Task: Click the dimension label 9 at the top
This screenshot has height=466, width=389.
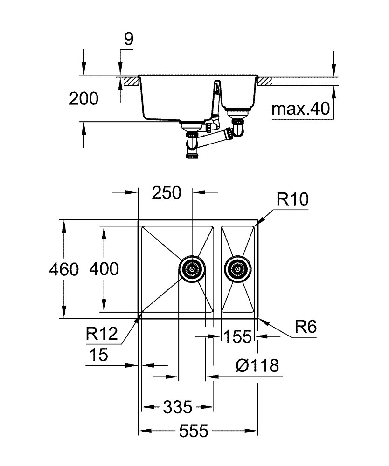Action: (129, 39)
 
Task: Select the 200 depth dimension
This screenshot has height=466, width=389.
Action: (83, 99)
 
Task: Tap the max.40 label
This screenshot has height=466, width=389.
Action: (301, 109)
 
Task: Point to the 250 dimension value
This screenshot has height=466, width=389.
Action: (166, 192)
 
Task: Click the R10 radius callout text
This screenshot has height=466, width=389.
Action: (292, 199)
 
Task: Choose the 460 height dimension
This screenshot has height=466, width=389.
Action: (64, 269)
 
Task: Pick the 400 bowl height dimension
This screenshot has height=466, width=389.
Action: (104, 269)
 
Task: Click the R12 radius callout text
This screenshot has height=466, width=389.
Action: (102, 334)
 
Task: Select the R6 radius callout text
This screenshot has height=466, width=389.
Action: (306, 327)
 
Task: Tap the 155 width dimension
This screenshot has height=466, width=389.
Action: (237, 337)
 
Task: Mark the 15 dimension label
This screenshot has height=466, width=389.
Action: (99, 355)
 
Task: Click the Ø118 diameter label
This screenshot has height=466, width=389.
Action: (257, 365)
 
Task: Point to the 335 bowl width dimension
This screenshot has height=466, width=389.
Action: (178, 407)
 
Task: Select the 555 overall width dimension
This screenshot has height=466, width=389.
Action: (194, 431)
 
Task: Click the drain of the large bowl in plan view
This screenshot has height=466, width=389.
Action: (192, 269)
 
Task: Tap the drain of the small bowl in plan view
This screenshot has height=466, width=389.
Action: (237, 269)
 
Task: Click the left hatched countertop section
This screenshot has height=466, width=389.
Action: (132, 82)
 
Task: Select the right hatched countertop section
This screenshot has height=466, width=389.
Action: (264, 82)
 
